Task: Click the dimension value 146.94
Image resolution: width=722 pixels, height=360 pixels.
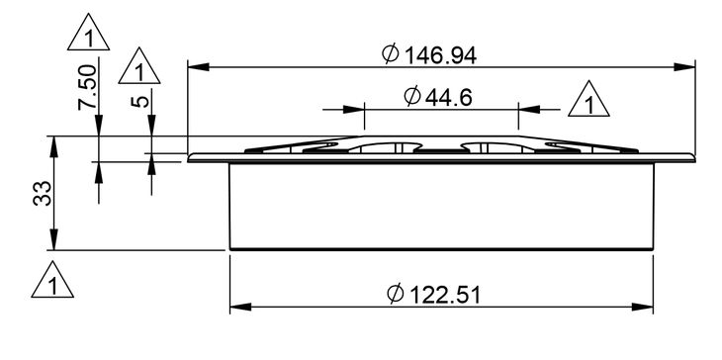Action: point(440,55)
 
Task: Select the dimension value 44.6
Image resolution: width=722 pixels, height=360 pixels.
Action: point(448,97)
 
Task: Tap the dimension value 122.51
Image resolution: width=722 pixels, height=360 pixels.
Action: point(445,295)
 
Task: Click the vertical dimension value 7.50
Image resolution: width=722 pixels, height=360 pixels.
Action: point(87,87)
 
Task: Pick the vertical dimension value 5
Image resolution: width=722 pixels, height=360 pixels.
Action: point(140,101)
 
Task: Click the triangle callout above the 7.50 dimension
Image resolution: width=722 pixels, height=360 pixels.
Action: point(88,32)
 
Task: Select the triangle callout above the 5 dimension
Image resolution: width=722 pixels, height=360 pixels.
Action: point(139,65)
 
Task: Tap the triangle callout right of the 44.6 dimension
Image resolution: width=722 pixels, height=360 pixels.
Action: point(588,99)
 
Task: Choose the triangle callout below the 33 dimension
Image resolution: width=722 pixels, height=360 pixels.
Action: point(52,279)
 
